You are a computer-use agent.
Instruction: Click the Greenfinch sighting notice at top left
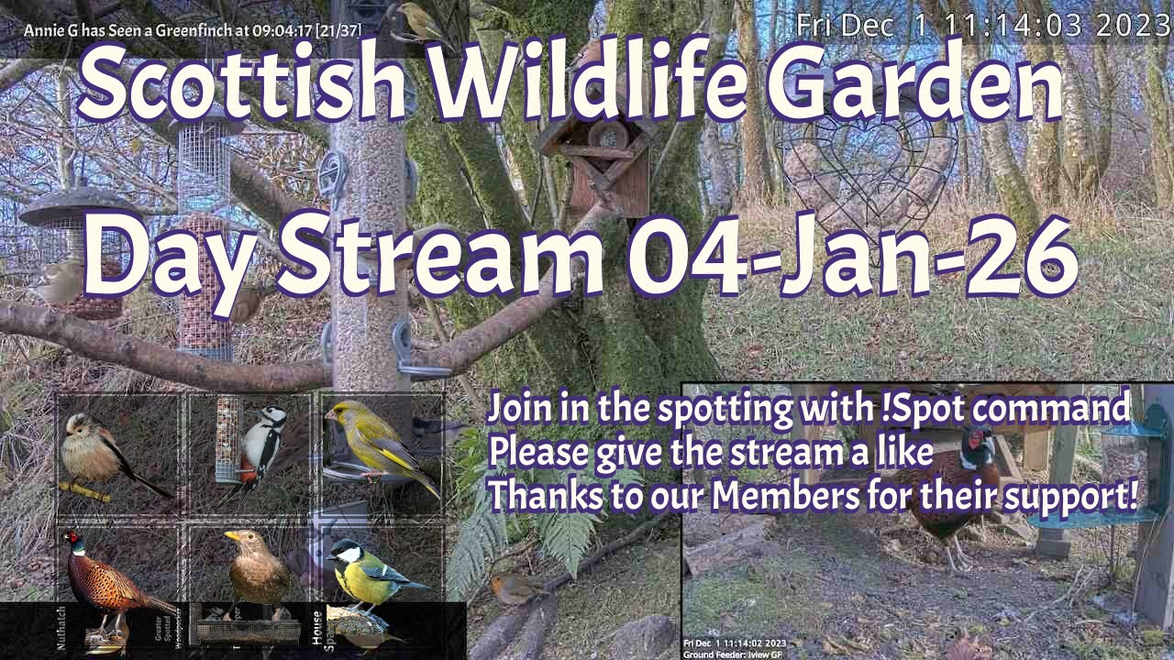[193, 30]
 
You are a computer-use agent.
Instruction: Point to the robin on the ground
[513, 588]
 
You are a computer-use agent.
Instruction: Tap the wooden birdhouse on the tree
[597, 165]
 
